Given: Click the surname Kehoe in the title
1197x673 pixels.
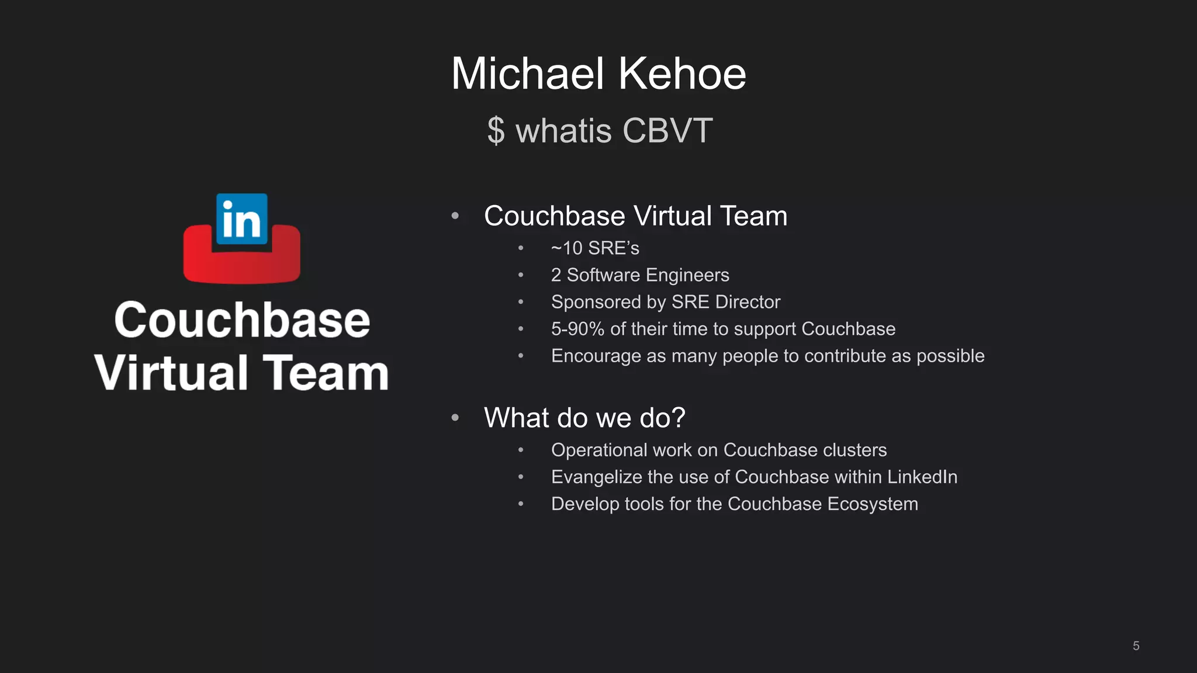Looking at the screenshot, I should pyautogui.click(x=682, y=74).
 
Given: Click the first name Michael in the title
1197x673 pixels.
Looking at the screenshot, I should pyautogui.click(x=527, y=74).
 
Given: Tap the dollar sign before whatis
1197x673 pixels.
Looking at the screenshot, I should pyautogui.click(x=496, y=130).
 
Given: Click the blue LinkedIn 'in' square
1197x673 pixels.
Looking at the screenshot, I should pyautogui.click(x=242, y=219).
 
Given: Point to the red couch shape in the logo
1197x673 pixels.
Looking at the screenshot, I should pyautogui.click(x=242, y=266).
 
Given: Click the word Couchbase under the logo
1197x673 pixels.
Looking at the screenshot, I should pyautogui.click(x=242, y=320).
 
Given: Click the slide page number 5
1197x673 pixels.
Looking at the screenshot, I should pyautogui.click(x=1136, y=646).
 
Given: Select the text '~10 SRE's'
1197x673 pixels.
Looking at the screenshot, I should pyautogui.click(x=595, y=248).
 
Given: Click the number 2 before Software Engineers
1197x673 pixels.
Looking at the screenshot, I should pyautogui.click(x=556, y=275).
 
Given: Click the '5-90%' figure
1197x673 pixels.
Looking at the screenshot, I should pyautogui.click(x=577, y=329).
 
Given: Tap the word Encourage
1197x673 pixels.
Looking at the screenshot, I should pyautogui.click(x=596, y=356).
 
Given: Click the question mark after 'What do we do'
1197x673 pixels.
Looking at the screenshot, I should pyautogui.click(x=678, y=418).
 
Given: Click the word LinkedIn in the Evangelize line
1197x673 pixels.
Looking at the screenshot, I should pyautogui.click(x=922, y=477).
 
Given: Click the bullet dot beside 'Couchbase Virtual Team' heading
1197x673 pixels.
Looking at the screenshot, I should pyautogui.click(x=455, y=216).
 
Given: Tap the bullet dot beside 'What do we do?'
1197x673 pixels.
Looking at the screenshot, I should pyautogui.click(x=455, y=418).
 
